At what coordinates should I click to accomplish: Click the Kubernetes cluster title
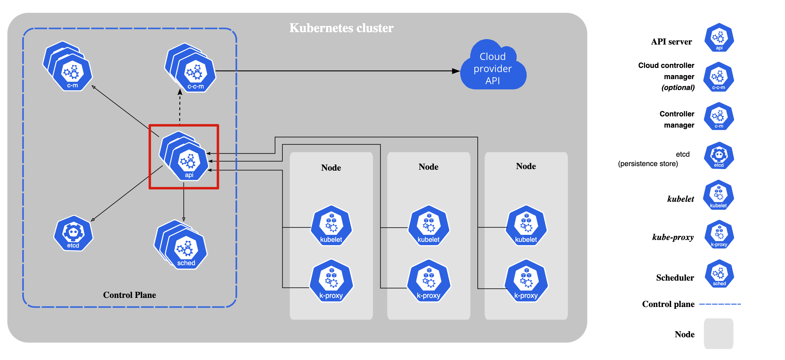[341, 28]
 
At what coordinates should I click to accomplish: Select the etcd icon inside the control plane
[73, 233]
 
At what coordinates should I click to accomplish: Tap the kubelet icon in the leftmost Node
[331, 226]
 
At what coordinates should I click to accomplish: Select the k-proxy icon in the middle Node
[429, 281]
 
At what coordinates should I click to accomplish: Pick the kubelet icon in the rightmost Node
[526, 226]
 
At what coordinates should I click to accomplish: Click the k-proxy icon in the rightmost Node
[526, 281]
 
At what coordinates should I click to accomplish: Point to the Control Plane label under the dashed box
[130, 295]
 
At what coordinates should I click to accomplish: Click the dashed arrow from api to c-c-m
[180, 106]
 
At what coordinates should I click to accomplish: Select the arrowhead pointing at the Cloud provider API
[456, 71]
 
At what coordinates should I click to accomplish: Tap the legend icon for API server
[719, 38]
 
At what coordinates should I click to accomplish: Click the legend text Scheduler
[675, 278]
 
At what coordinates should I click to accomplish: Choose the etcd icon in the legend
[719, 156]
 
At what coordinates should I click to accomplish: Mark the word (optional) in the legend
[678, 88]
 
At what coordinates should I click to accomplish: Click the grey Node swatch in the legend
[719, 334]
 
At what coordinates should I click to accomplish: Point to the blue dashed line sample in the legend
[720, 304]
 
